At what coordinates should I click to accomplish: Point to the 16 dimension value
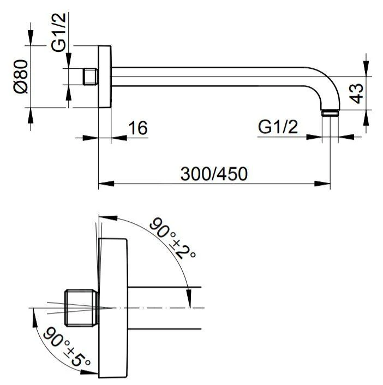138,128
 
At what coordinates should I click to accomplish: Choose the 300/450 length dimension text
214,174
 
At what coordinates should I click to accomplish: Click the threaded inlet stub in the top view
90,76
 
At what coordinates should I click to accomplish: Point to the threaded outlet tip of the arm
329,113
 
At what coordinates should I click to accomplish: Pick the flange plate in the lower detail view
113,308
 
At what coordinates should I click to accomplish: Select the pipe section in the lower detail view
164,308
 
